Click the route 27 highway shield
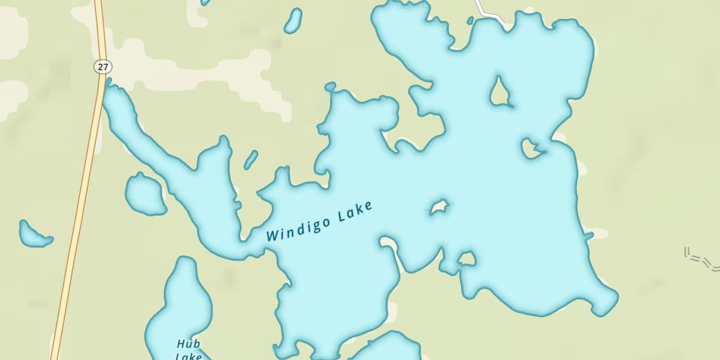pos(103,67)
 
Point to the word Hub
pos(188,344)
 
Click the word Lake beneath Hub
pos(188,356)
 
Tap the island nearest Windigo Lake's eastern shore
pos(531,148)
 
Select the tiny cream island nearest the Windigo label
pos(438,207)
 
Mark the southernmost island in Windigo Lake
pos(466,259)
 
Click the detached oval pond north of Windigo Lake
pos(293,21)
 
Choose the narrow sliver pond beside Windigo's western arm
pos(251,159)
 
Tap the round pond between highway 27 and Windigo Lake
pos(145,194)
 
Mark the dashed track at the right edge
pos(701,259)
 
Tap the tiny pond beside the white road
pos(470,20)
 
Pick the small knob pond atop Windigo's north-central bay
pos(330,87)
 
